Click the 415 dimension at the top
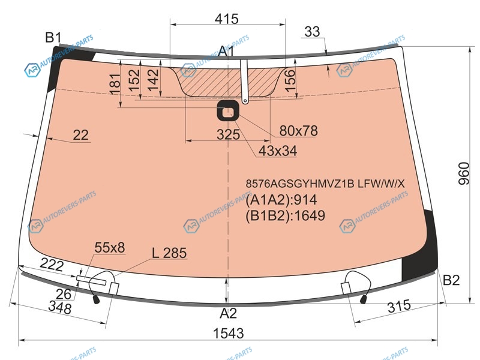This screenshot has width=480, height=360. [227, 19]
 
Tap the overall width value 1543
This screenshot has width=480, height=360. [229, 333]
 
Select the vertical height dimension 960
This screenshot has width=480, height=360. [463, 173]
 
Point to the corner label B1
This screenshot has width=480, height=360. [53, 38]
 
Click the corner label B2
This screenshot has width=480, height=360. [451, 280]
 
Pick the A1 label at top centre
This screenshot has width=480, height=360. [227, 51]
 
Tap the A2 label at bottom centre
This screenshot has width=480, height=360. [228, 313]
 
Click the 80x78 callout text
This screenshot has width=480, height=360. [298, 131]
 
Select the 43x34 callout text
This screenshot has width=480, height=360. [278, 151]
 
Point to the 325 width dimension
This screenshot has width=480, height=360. [228, 134]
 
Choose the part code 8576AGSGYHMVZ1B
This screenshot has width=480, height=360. [300, 184]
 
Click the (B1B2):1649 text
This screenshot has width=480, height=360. [286, 215]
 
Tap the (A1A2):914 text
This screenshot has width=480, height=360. [281, 200]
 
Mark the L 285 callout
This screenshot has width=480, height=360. [169, 253]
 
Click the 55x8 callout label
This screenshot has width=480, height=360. [110, 248]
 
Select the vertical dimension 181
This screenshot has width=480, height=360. [115, 84]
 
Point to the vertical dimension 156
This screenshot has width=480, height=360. [290, 81]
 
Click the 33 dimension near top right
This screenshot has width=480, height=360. [312, 31]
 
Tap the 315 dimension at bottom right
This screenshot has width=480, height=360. [399, 306]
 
